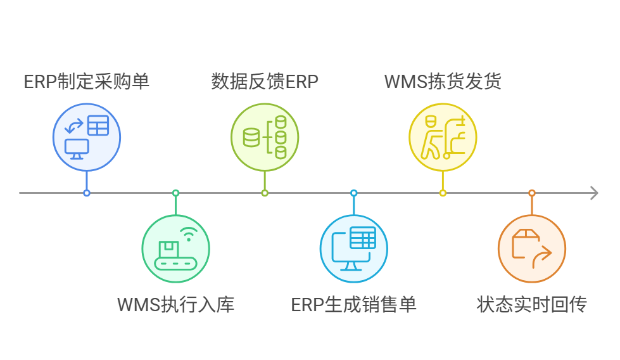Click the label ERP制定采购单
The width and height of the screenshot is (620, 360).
coord(86,82)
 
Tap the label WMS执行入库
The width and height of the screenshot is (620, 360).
coord(175,304)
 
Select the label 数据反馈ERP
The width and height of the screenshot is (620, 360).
coord(264,82)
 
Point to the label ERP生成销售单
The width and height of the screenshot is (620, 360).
coord(353,304)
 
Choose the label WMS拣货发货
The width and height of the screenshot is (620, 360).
coord(443,82)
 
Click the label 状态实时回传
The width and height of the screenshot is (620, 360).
coord(531,304)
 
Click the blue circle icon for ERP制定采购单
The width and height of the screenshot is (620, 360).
coord(86,138)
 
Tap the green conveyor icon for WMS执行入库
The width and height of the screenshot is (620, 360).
coord(175,248)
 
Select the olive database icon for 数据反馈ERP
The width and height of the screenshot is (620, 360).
coord(264,138)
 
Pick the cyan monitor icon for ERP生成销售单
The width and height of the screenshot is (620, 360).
coord(353,248)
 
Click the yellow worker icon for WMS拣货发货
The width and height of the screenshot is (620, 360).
coord(443,138)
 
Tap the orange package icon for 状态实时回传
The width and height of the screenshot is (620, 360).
coord(531,248)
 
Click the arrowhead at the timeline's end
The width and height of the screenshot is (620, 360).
coord(593,193)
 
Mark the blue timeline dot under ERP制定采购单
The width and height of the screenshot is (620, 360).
coord(87,193)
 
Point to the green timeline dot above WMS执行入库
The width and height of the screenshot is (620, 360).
coord(175,193)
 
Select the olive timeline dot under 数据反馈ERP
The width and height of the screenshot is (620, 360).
coord(265,193)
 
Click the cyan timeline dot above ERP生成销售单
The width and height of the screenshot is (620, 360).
coord(353,193)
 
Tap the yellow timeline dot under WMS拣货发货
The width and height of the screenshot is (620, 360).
coord(443,193)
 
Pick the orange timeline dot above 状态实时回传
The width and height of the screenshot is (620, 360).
coord(532,193)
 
